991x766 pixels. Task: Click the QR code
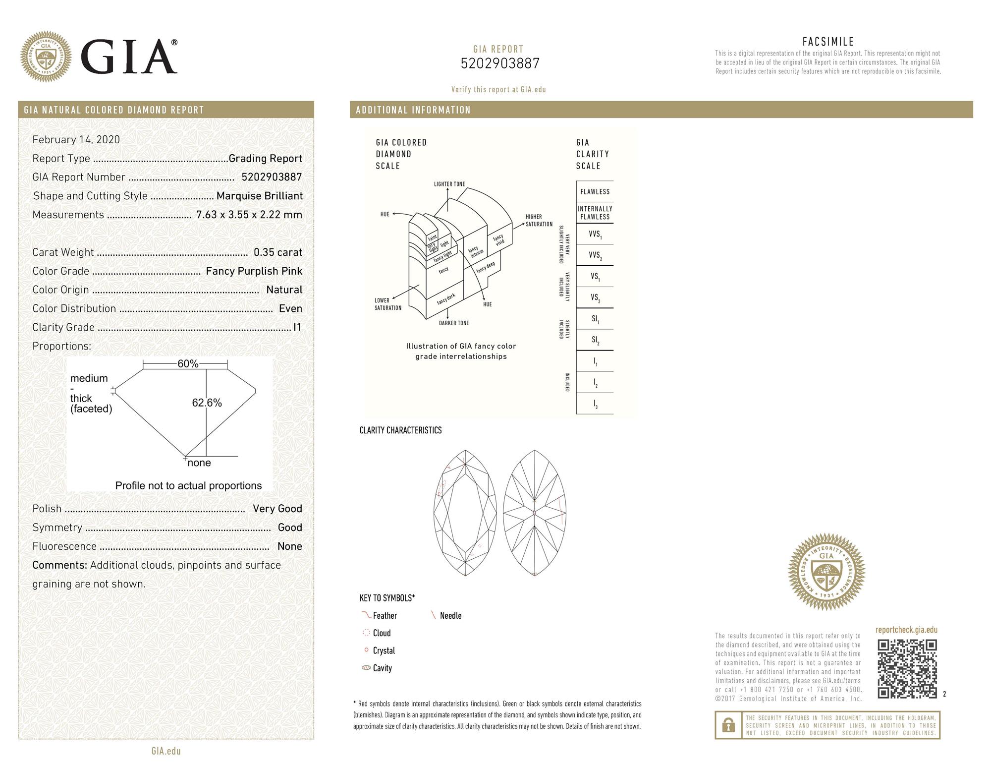click(x=907, y=669)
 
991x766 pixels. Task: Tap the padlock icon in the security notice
click(x=728, y=726)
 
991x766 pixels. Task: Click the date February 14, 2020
click(x=76, y=140)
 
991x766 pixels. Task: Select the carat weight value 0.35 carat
click(x=277, y=252)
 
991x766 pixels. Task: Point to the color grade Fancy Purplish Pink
click(x=254, y=271)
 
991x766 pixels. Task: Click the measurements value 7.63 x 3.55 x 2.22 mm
click(x=249, y=215)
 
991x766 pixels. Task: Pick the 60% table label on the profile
click(x=188, y=364)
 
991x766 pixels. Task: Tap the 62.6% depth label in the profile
click(x=207, y=403)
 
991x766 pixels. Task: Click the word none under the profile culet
click(x=199, y=463)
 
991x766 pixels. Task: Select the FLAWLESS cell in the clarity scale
click(x=595, y=191)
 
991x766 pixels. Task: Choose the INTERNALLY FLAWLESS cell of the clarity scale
click(x=595, y=213)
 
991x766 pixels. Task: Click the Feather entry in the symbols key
click(x=385, y=616)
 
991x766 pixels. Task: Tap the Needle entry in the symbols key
click(x=450, y=616)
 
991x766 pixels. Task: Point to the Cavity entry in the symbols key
click(x=382, y=668)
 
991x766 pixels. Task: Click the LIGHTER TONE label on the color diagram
click(x=449, y=184)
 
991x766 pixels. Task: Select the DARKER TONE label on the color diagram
click(x=453, y=323)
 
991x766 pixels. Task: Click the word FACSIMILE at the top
click(x=828, y=42)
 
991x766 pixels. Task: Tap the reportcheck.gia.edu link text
click(x=906, y=630)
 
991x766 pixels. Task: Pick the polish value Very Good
click(x=277, y=509)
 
